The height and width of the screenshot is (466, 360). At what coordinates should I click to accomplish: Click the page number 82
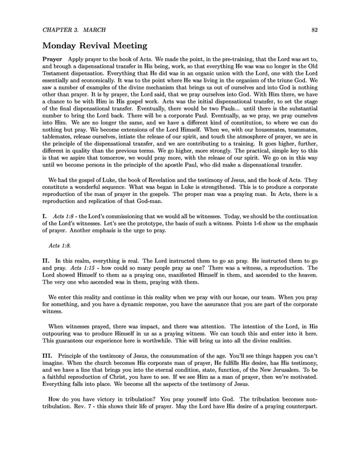315,28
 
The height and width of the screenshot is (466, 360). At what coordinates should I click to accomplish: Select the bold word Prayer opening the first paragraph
54,61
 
